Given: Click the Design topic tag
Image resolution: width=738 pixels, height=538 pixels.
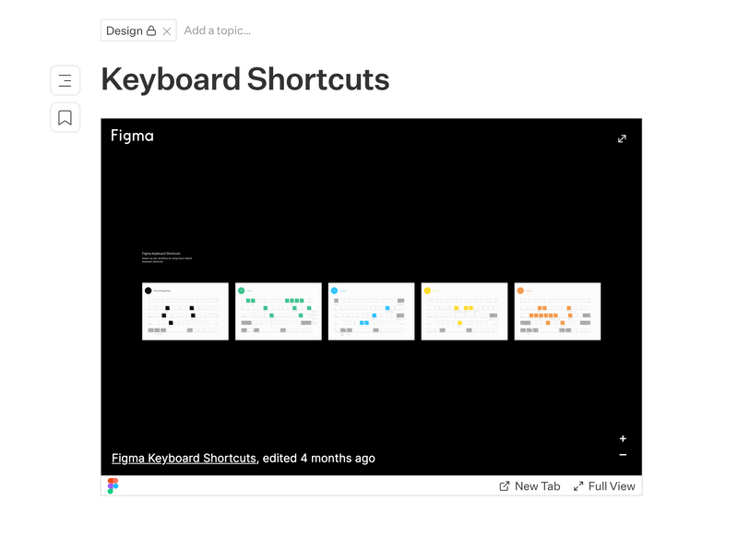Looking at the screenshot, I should coord(125,30).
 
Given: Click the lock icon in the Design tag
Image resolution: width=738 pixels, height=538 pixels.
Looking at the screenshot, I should coord(151,30).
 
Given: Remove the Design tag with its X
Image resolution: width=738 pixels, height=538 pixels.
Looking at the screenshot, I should coord(167,31).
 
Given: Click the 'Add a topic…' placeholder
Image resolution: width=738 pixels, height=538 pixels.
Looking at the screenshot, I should coord(218,30).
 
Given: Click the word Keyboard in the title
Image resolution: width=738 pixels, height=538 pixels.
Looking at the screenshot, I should coord(171,79).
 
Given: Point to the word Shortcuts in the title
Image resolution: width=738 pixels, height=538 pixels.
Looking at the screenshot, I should coord(317,79).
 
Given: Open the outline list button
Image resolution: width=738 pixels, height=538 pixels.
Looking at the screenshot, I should coord(65,80).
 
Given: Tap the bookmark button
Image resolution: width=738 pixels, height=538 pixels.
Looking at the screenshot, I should coord(65,117).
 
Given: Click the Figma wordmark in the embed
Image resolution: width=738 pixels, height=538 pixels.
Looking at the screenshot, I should coord(132,136).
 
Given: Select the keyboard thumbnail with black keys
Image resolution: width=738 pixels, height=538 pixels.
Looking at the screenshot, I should coord(185,311).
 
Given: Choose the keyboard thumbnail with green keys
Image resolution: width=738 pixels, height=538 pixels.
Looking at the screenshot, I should coord(279,311).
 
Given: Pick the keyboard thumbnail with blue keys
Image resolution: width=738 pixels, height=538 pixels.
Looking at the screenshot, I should coord(372,311).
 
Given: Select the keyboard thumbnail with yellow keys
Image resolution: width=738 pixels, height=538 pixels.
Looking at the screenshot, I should coord(464,311).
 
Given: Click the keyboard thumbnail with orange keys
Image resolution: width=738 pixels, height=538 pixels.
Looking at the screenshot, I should coord(557,311).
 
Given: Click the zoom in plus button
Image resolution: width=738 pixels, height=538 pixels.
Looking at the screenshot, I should coord(623,439).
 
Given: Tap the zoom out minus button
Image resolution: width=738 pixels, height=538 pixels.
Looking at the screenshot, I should coord(623,455).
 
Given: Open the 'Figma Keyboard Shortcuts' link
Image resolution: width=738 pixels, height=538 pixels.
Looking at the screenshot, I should coord(184,458).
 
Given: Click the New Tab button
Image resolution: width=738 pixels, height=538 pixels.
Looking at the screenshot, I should coord(530,486).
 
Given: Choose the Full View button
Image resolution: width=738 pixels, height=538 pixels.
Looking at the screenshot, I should coord(604,486).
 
